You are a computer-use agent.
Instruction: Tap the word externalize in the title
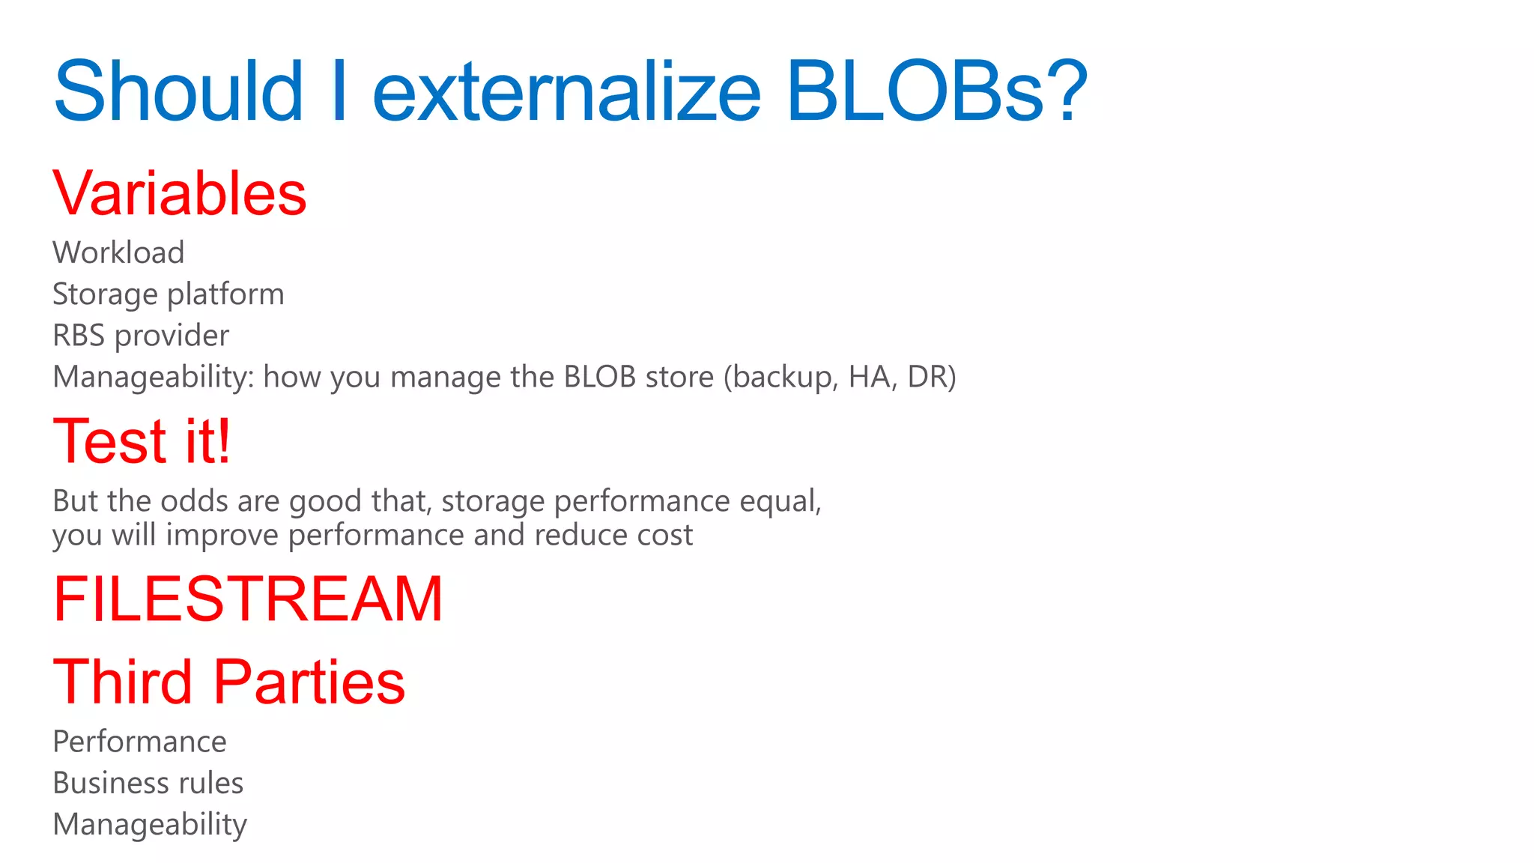point(566,91)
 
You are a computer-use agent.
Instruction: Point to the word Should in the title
point(178,91)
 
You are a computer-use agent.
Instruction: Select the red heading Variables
point(180,193)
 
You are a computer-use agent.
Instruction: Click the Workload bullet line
point(118,253)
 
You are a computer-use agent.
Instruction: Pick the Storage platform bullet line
point(169,294)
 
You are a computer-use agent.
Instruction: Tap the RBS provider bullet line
point(141,336)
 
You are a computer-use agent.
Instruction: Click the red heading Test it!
point(142,441)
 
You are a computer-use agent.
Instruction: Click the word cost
point(664,535)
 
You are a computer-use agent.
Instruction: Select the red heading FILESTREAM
point(248,599)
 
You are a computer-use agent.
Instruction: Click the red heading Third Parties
point(228,682)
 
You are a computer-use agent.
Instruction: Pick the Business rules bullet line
point(148,783)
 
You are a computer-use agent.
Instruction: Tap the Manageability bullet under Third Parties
point(150,824)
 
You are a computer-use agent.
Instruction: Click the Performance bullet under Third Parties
point(139,742)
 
